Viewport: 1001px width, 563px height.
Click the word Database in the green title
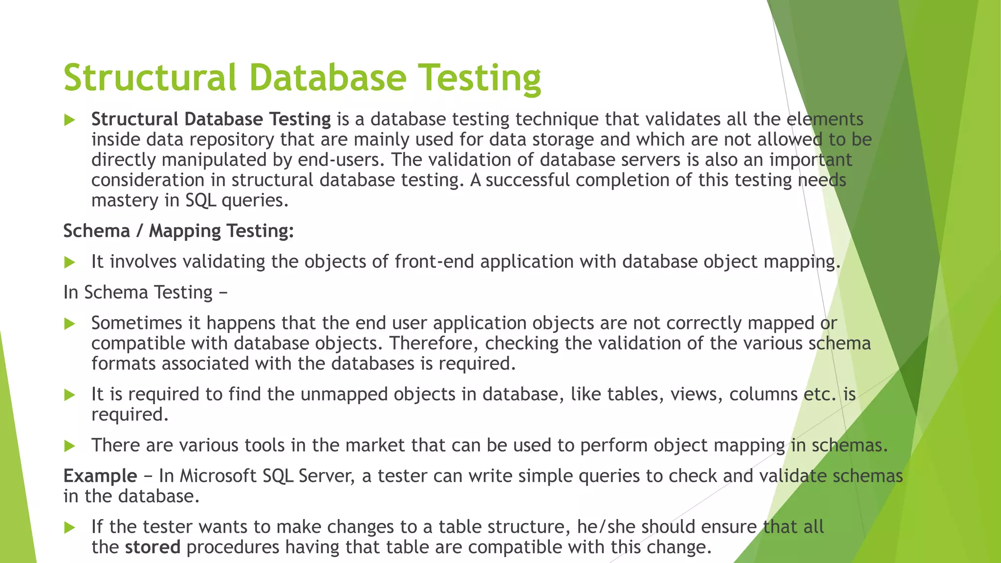pos(328,78)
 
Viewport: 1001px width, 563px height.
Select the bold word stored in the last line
pos(152,547)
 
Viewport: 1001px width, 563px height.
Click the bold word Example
pos(100,476)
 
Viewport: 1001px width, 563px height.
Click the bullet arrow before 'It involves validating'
pos(69,262)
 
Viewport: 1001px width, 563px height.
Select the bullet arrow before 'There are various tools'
pos(69,446)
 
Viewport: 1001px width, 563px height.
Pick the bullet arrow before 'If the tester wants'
pos(69,527)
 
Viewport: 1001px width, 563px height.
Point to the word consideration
pos(148,180)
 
